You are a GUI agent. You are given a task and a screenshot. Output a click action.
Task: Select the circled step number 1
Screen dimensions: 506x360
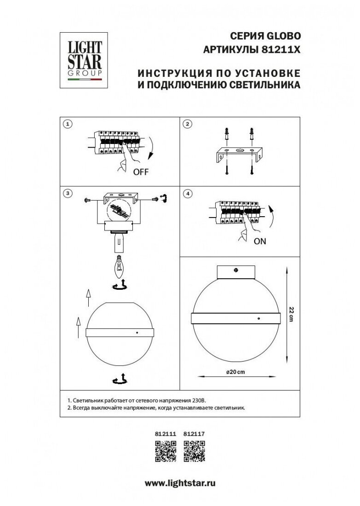click(68, 124)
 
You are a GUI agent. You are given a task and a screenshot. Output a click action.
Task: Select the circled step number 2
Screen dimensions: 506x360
click(188, 124)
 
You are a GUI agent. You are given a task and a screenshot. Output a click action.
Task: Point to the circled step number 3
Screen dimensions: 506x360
click(68, 194)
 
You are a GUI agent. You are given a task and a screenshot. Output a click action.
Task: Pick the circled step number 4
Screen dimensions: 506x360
click(188, 194)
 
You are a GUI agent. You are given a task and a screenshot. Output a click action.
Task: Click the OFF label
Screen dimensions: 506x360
click(141, 173)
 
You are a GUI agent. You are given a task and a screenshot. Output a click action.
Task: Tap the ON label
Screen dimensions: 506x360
click(260, 241)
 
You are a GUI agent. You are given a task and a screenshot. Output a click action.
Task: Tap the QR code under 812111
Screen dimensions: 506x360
click(165, 451)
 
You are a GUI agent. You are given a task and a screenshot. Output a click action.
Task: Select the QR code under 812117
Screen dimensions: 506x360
click(194, 451)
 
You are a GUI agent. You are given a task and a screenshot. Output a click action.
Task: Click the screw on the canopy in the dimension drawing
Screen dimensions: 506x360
click(236, 271)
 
